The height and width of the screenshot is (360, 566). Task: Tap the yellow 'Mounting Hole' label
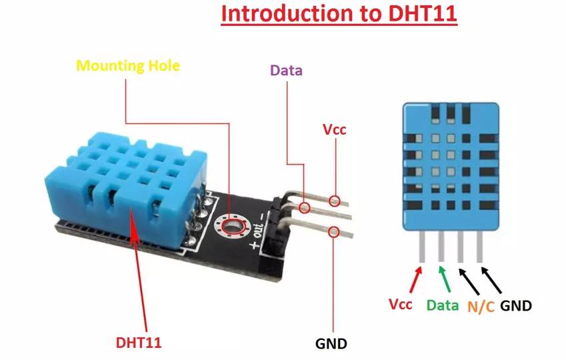[x=128, y=66]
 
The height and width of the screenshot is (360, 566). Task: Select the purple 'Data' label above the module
[x=286, y=70]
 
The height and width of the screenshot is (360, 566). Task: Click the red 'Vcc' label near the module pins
[x=335, y=129]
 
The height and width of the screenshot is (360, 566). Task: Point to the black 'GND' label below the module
[x=331, y=344]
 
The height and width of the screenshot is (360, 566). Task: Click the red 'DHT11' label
[x=139, y=343]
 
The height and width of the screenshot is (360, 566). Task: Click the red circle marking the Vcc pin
[x=335, y=200]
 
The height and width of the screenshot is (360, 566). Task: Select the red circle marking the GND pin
[x=333, y=232]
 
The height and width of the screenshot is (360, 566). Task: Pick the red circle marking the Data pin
[x=305, y=207]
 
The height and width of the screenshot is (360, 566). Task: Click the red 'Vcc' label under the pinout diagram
[x=401, y=305]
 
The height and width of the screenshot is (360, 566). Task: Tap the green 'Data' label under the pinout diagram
[x=443, y=305]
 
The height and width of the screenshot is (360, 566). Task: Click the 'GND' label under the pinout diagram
[x=516, y=305]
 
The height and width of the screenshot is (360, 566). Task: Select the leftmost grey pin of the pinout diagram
[x=422, y=247]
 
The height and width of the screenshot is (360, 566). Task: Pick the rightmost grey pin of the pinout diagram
[x=479, y=247]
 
